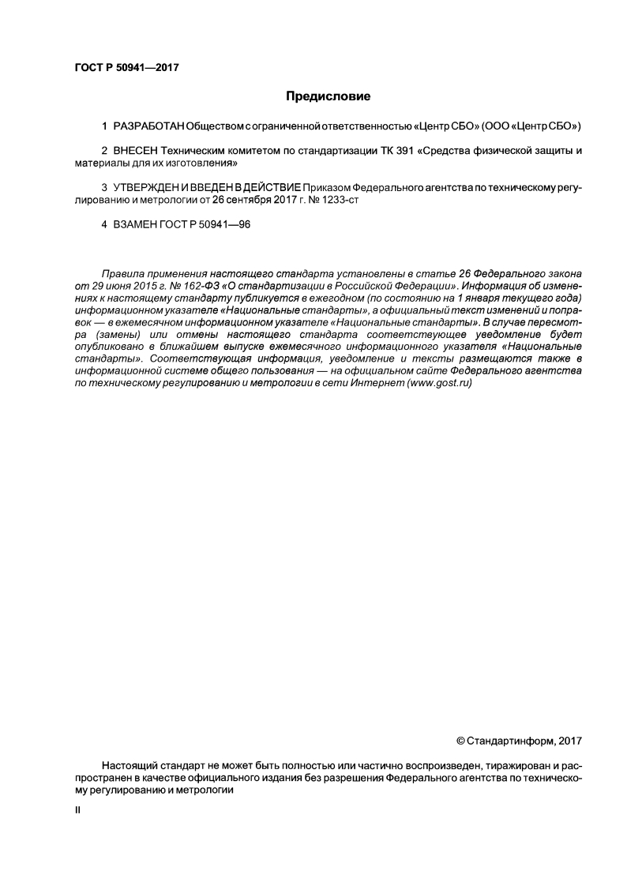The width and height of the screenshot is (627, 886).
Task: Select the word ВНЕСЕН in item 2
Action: coord(136,150)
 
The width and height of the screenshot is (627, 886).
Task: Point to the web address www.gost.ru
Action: coord(440,382)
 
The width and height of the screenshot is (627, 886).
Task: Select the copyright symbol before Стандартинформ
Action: coord(461,741)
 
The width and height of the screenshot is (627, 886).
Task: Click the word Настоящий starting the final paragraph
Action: coord(127,766)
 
